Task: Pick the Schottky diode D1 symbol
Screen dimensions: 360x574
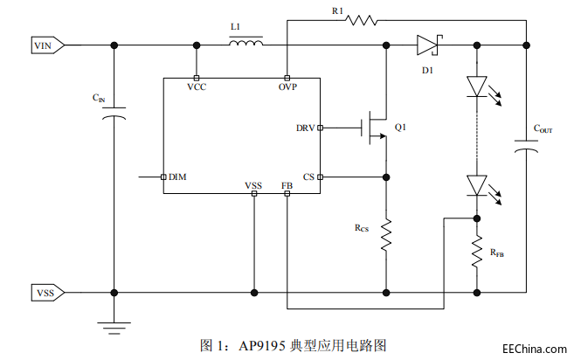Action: point(428,44)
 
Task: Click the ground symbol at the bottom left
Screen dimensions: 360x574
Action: point(114,326)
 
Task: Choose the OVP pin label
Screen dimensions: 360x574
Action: point(288,87)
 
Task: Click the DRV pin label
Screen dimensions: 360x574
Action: point(305,128)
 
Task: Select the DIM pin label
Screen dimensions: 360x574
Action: point(177,177)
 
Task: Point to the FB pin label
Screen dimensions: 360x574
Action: point(287,185)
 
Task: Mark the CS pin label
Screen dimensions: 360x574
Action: point(308,177)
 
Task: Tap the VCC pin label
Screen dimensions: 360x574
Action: point(197,87)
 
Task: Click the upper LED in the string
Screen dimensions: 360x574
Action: point(477,86)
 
